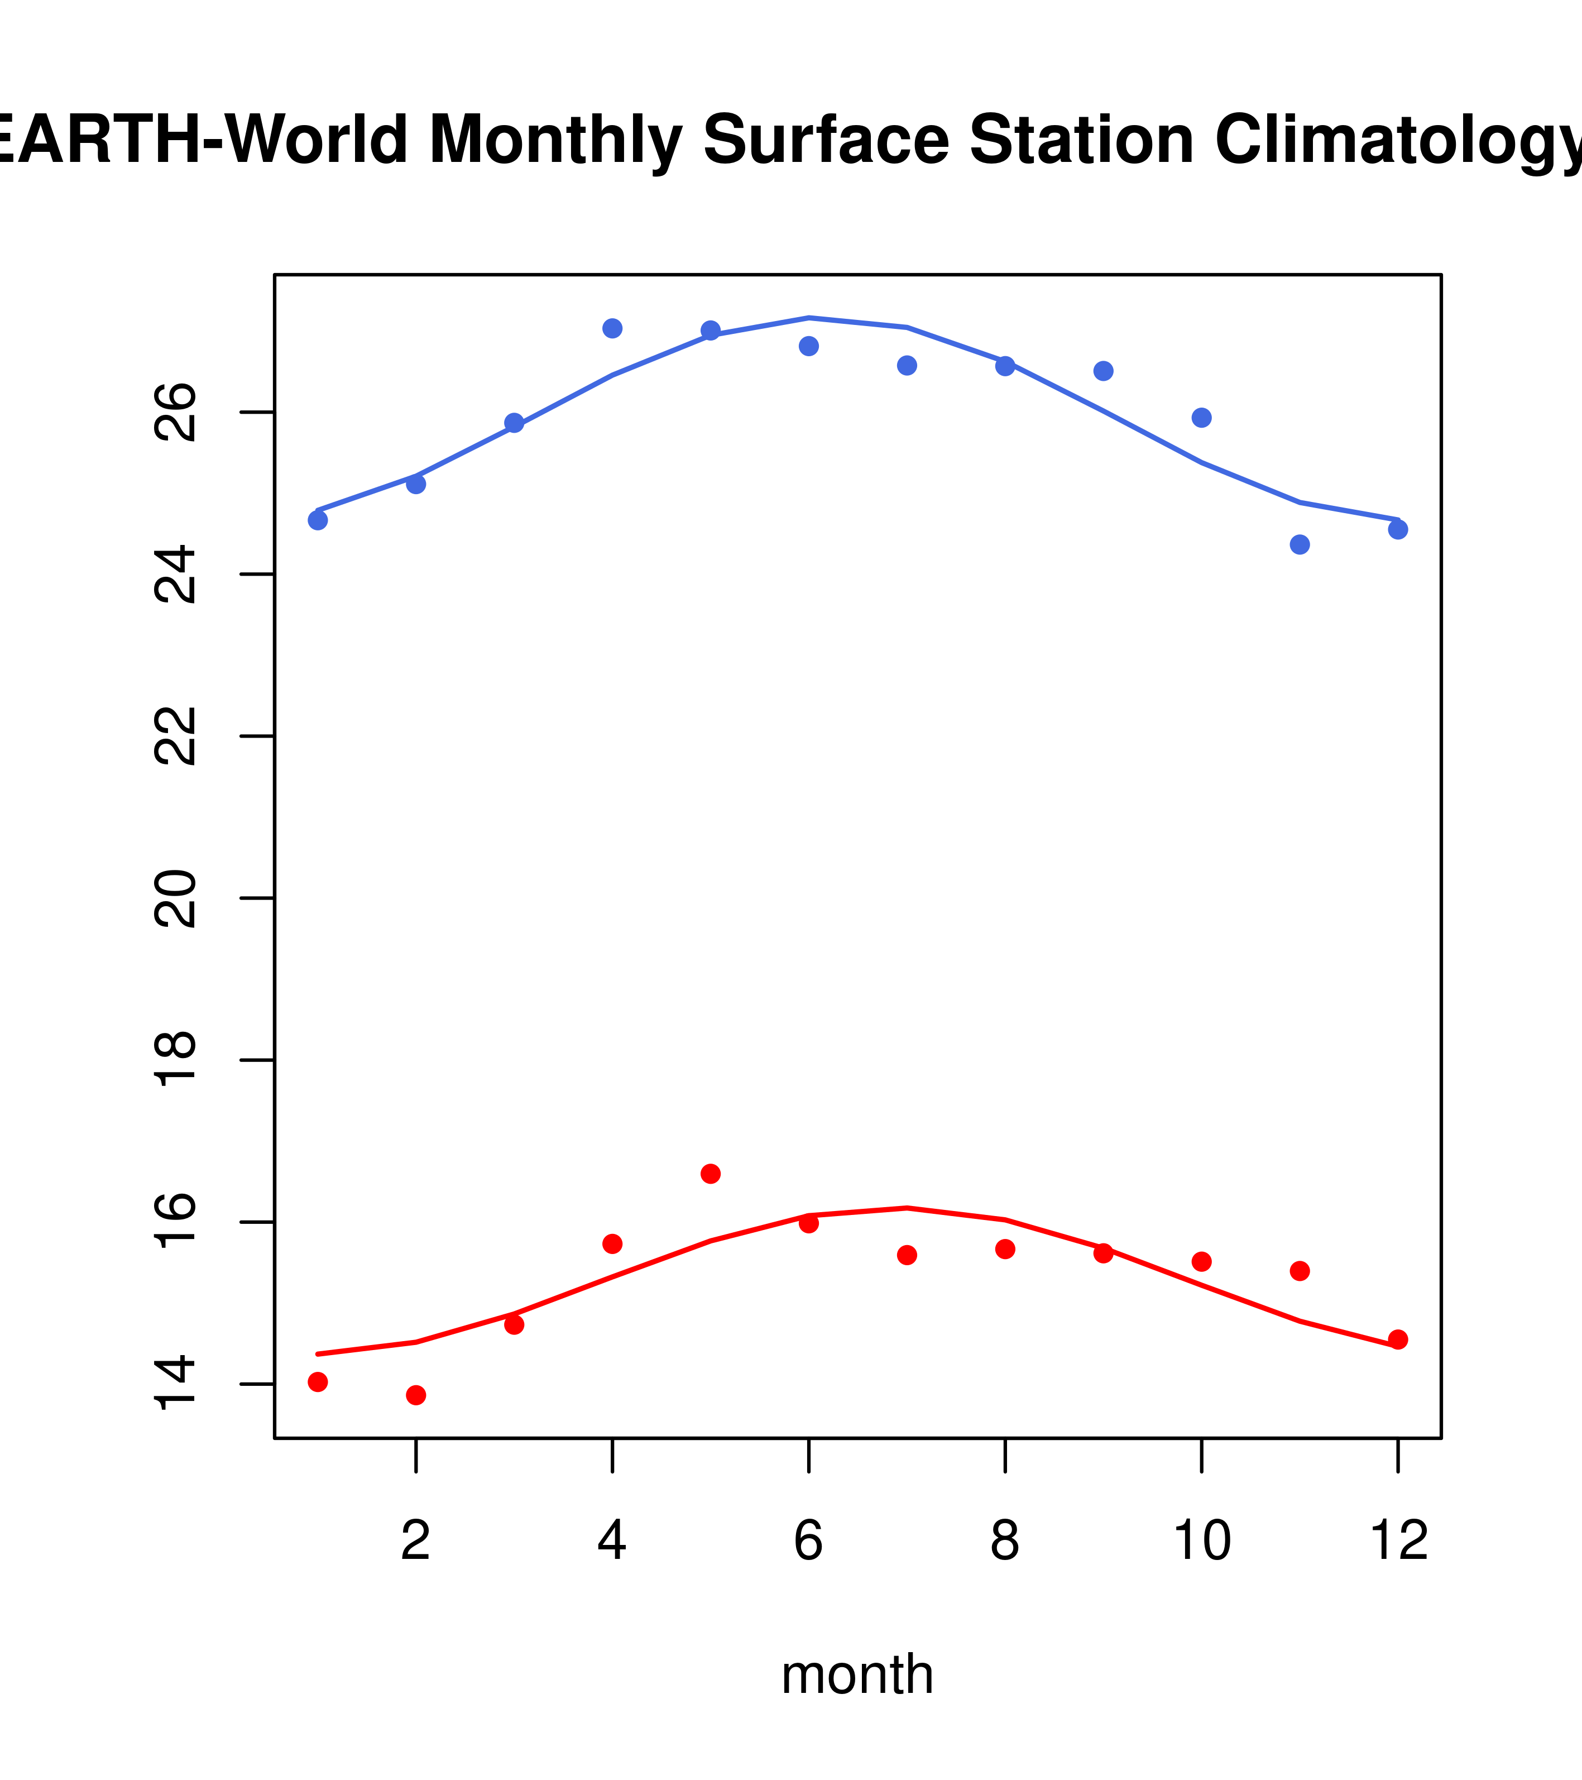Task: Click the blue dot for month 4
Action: (x=612, y=328)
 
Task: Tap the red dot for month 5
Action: (x=711, y=1174)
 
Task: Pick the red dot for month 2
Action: (x=416, y=1395)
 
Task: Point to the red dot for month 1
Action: (x=318, y=1382)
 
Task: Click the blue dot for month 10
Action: (x=1201, y=418)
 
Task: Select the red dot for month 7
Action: (x=907, y=1255)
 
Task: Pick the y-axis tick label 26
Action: (x=176, y=413)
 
